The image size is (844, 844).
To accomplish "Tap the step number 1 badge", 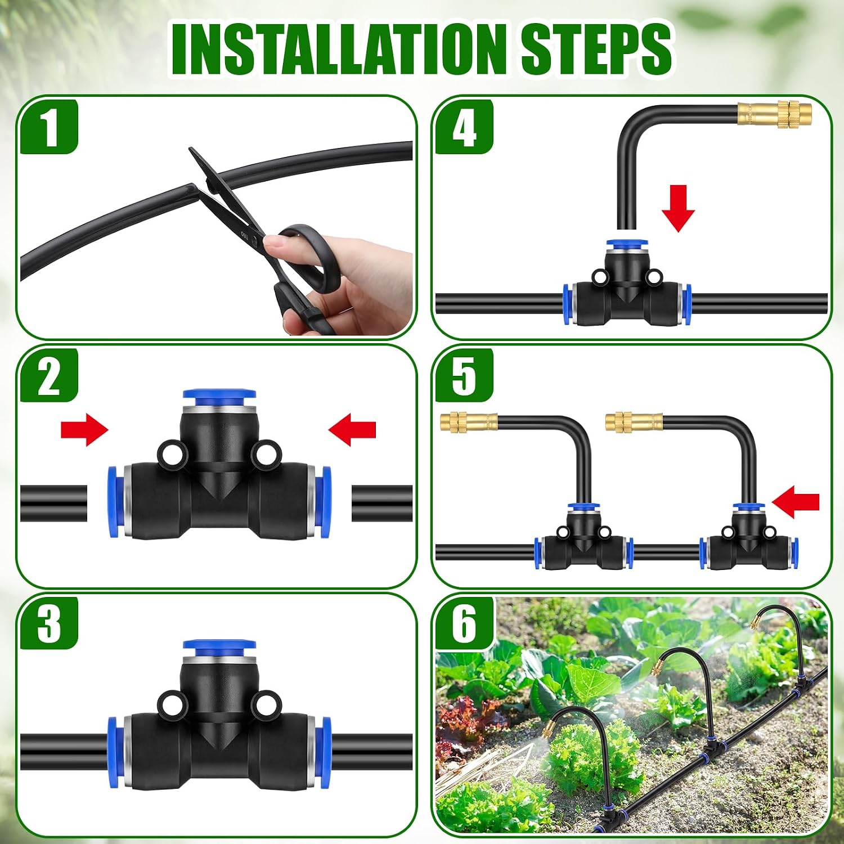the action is [50, 127].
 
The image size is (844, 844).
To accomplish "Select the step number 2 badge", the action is [50, 376].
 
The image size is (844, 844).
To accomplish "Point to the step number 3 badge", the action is [50, 623].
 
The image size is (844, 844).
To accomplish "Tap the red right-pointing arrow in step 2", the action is [84, 430].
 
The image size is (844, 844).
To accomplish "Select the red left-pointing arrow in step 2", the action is [352, 430].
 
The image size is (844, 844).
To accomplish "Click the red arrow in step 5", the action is [796, 502].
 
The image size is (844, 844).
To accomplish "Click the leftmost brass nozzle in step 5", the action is [469, 421].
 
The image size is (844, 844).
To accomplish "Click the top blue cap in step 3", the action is [219, 650].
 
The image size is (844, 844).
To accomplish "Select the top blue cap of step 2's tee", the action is [219, 401].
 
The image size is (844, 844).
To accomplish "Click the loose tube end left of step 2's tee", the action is [53, 504].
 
